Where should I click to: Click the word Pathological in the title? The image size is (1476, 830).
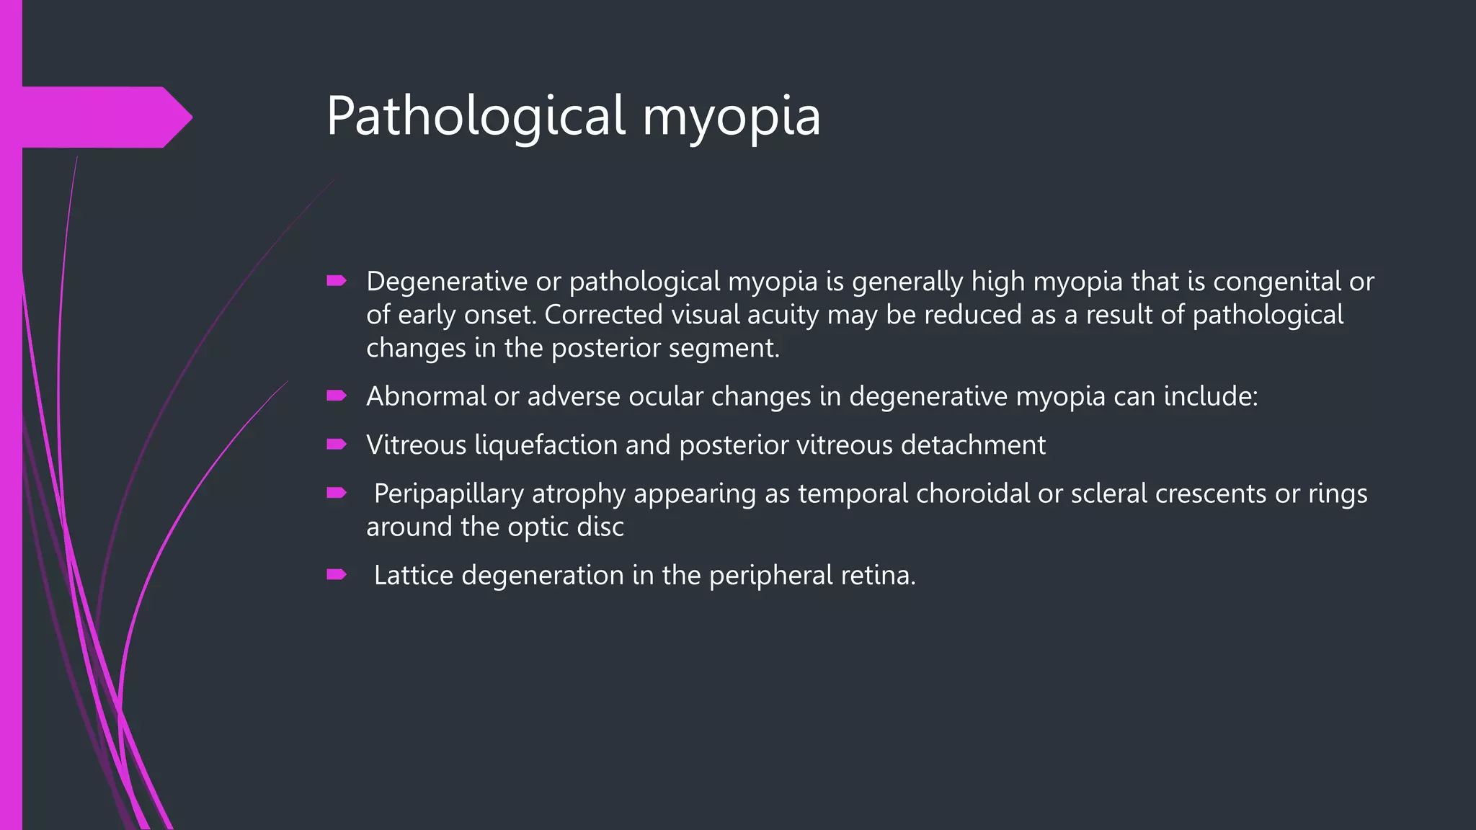point(476,116)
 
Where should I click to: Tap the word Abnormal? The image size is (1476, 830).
point(426,396)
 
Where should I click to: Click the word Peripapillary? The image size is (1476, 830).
point(448,494)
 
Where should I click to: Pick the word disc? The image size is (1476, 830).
point(600,527)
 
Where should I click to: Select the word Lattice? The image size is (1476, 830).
point(413,575)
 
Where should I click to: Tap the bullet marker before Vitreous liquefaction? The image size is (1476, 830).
point(337,445)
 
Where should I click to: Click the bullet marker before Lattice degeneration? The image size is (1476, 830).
point(337,574)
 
